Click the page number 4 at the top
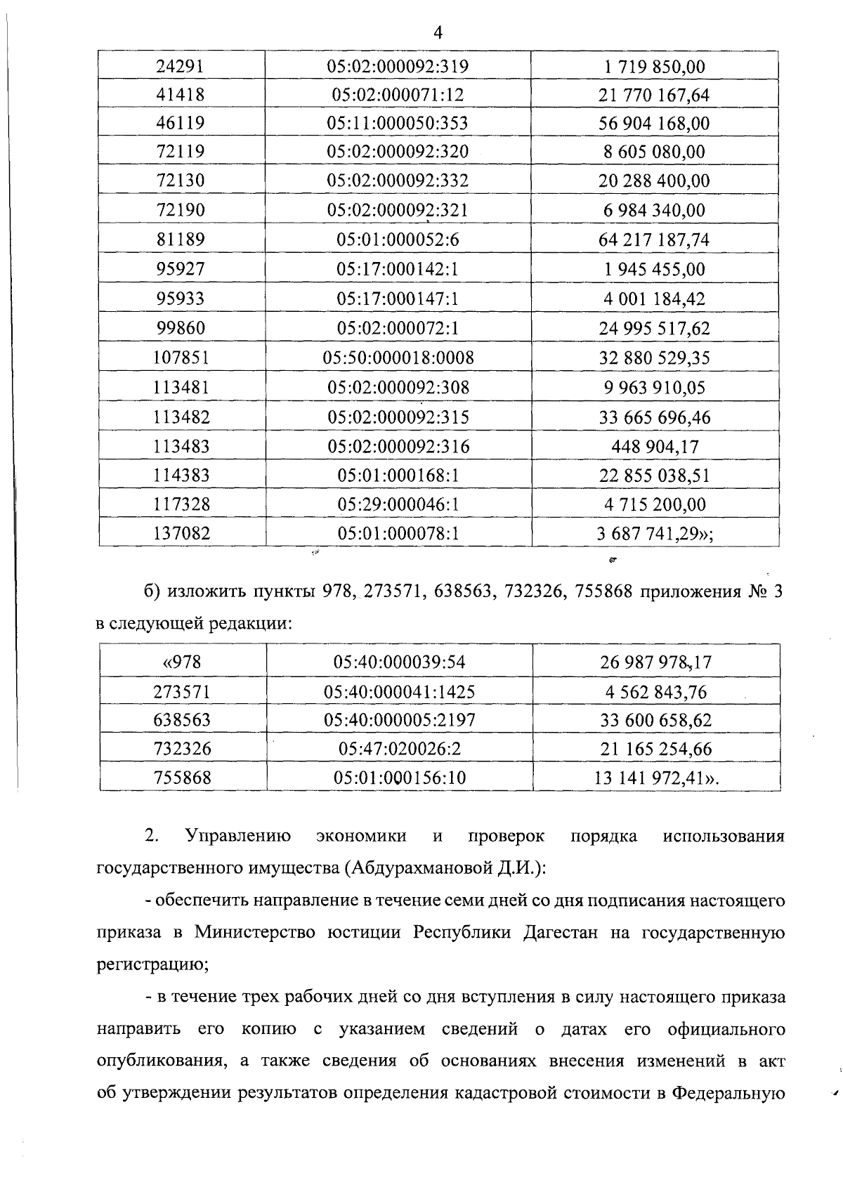click(438, 33)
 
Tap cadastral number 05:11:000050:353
click(398, 124)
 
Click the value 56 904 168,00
click(654, 124)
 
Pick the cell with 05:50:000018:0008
click(398, 358)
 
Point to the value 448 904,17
click(654, 447)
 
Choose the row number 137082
click(181, 534)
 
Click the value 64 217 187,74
click(654, 240)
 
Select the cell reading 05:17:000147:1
click(398, 299)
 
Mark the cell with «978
click(181, 662)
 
